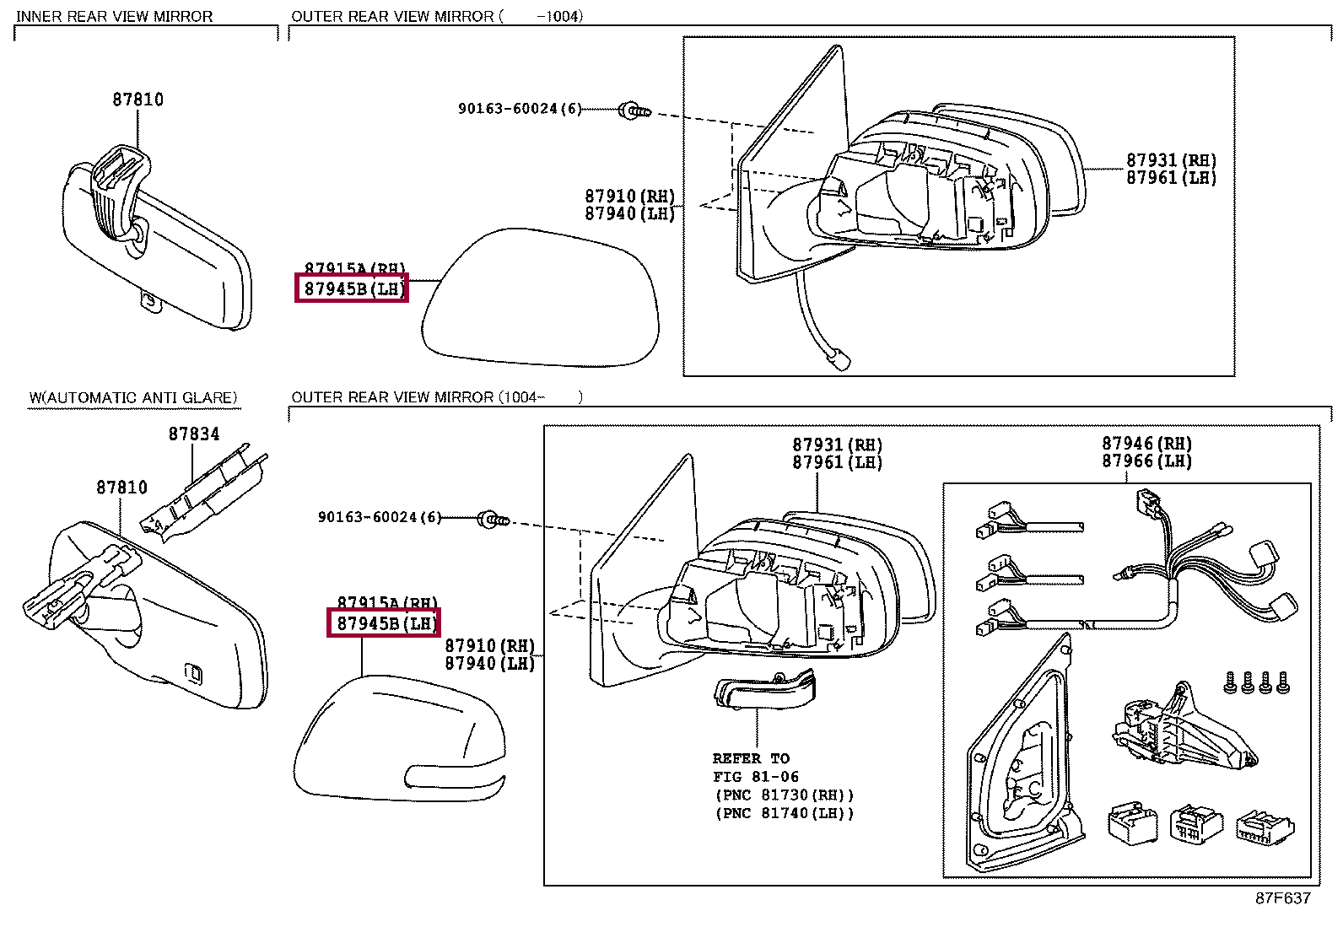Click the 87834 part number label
[x=193, y=434]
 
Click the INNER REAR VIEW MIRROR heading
[x=114, y=16]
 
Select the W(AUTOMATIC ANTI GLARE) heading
[x=133, y=397]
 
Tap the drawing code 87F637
[x=1282, y=897]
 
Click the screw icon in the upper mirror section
[x=634, y=110]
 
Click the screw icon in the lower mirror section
[x=493, y=519]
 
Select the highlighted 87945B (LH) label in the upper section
[x=353, y=288]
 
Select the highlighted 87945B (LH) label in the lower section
[x=385, y=623]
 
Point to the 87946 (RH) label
[x=1146, y=444]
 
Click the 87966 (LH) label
[x=1146, y=461]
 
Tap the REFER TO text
[x=750, y=758]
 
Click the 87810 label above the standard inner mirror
[x=138, y=100]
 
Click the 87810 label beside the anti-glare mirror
[x=121, y=488]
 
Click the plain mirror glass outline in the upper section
[x=540, y=299]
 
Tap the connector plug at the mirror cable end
[x=839, y=359]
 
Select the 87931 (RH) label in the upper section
[x=1171, y=160]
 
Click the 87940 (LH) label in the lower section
[x=489, y=664]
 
